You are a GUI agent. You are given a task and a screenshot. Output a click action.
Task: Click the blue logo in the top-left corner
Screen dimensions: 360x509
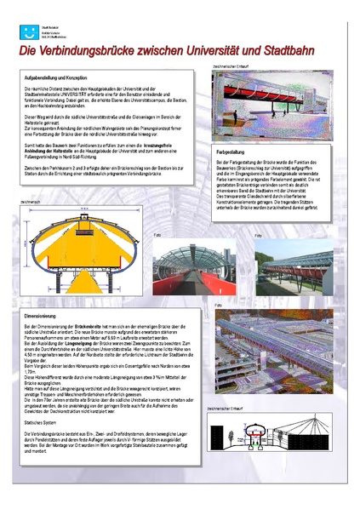(26, 34)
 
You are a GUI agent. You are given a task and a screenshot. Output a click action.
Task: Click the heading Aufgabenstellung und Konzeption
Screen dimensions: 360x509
(62, 78)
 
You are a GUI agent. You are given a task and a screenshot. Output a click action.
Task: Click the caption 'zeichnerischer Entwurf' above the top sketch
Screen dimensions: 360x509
(230, 66)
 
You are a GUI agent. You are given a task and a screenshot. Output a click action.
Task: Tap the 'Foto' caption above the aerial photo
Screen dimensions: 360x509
(218, 306)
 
